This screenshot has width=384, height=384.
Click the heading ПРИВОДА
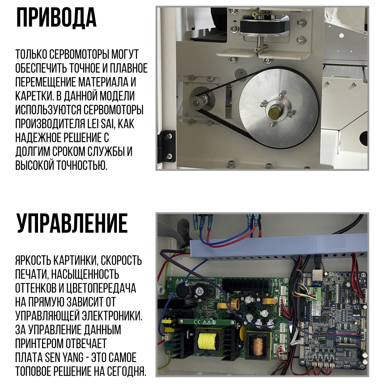(56, 18)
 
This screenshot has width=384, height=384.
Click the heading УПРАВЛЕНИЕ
(72, 223)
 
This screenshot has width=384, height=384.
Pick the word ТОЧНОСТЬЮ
(82, 166)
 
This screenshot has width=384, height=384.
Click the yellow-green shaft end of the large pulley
(274, 113)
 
